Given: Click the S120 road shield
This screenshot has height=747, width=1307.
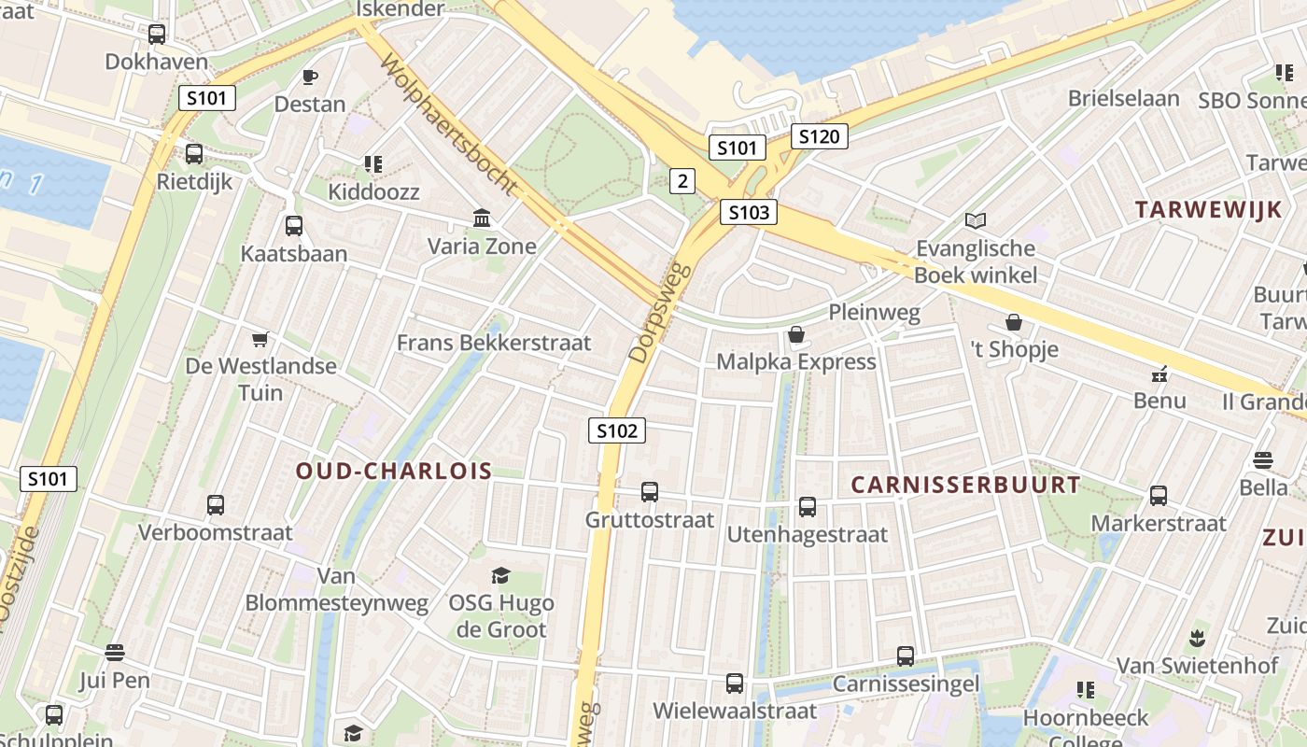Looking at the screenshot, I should click(x=819, y=137).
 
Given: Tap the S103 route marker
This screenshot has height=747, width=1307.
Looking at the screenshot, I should click(x=749, y=213).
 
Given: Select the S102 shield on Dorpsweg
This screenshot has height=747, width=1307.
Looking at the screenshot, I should click(x=617, y=430).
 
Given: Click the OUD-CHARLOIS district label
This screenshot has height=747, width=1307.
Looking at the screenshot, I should click(x=394, y=472).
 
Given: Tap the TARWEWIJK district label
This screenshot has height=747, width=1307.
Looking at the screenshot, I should click(x=1209, y=210).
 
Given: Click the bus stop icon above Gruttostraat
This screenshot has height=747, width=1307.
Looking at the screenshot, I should click(x=649, y=491).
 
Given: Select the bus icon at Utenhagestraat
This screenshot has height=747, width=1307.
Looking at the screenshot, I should click(x=808, y=507).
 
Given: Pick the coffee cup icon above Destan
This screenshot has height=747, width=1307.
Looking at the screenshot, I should click(x=310, y=77).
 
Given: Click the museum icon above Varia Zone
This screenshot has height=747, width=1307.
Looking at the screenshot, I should click(x=482, y=218).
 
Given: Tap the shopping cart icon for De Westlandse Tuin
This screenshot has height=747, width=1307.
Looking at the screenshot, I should click(x=260, y=339).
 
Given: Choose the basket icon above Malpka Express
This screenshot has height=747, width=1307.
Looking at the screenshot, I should click(x=796, y=334).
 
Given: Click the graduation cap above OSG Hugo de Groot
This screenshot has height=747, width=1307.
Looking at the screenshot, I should click(x=501, y=575).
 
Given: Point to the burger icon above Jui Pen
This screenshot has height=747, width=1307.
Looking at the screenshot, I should click(x=115, y=652).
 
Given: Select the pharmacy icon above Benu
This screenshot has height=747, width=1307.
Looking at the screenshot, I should click(x=1159, y=373).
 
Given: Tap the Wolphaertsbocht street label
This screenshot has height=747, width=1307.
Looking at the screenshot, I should click(x=448, y=124).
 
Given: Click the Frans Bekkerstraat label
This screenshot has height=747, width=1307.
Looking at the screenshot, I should click(x=494, y=343).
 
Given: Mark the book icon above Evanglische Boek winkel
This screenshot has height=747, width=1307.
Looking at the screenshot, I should click(x=976, y=221).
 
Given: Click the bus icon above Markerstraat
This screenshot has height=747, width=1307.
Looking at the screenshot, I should click(x=1159, y=496).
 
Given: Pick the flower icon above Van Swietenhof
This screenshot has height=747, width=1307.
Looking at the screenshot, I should click(x=1197, y=639).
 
